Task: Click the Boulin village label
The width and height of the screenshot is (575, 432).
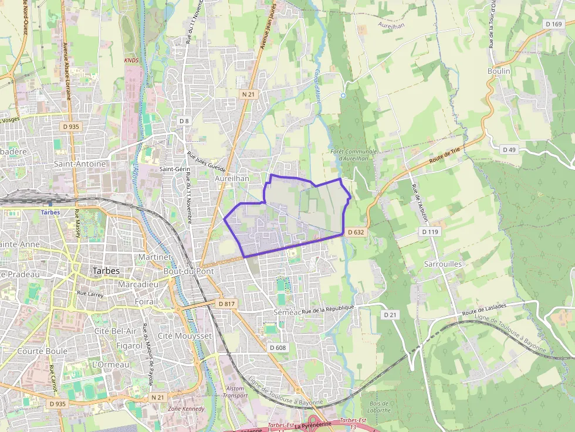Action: pos(499,71)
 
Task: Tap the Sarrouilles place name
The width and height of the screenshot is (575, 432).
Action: pos(443,264)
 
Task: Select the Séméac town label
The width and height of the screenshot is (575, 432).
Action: pos(287,312)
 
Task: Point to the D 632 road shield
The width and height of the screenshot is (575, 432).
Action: pos(356,232)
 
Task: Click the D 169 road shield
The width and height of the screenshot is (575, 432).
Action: pos(553,24)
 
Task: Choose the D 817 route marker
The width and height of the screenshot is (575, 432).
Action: pos(226,304)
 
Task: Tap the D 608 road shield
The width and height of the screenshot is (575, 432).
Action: pos(278,348)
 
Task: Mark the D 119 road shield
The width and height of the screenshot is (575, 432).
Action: pos(429,232)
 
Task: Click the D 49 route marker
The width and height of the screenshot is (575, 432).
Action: pos(509,149)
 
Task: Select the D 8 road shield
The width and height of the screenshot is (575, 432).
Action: pos(184,121)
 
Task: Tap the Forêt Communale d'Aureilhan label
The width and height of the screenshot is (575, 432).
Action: pos(353,155)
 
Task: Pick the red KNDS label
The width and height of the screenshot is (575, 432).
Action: pos(131,60)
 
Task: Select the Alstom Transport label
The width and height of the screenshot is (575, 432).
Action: pos(235,392)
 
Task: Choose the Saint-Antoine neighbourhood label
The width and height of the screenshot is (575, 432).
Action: pos(80,164)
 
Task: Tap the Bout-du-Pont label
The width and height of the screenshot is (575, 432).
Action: pos(182,271)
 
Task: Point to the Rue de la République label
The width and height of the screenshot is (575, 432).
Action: pos(329,309)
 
